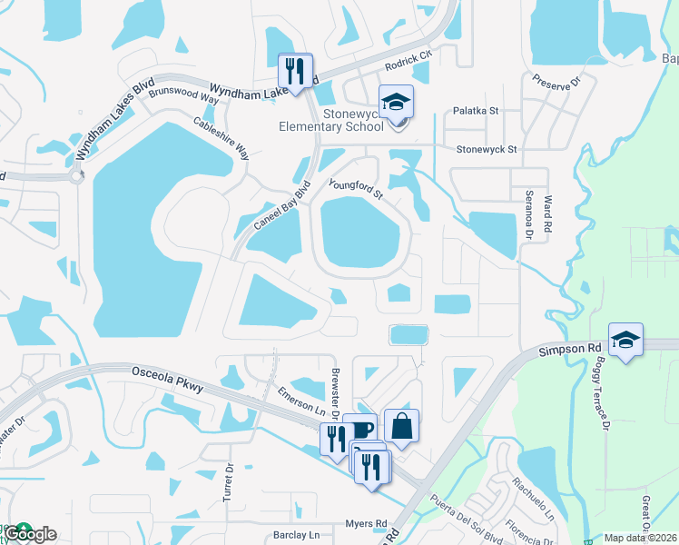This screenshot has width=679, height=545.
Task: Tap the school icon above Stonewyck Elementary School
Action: point(396,102)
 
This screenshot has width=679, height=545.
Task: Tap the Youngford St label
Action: point(357,189)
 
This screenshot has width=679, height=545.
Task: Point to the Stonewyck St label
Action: point(486,149)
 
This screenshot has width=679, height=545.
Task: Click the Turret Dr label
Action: point(228,485)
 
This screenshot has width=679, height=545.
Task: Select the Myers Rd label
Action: point(366,523)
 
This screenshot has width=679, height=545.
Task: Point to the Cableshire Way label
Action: point(221,139)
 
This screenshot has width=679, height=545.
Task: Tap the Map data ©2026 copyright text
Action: point(640,538)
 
